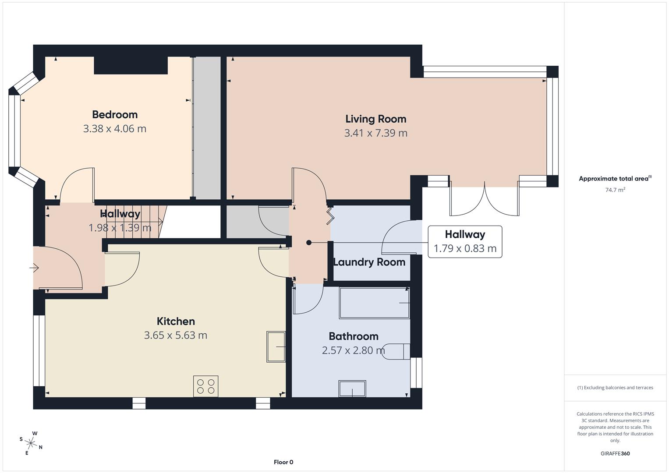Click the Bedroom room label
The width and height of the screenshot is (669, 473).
click(x=115, y=115)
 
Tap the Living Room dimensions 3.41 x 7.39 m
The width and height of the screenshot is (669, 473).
click(x=375, y=133)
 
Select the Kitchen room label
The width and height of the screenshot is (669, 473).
click(x=176, y=321)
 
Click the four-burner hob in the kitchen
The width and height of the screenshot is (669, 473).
click(x=206, y=386)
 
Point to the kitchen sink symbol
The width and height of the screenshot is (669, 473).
click(x=276, y=346)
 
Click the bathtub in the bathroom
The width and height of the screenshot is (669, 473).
click(x=374, y=303)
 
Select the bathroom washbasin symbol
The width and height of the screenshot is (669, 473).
click(x=352, y=388)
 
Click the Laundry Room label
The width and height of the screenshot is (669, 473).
click(x=369, y=262)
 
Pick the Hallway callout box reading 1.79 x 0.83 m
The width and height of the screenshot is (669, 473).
click(x=465, y=242)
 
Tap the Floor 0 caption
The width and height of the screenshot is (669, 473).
click(x=283, y=462)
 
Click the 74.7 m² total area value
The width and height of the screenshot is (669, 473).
click(x=615, y=190)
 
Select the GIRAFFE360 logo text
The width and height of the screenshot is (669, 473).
click(x=615, y=454)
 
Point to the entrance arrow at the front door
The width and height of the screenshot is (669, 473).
click(x=35, y=268)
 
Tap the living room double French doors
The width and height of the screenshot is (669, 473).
click(x=485, y=199)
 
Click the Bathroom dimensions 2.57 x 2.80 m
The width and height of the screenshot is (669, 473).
click(x=353, y=350)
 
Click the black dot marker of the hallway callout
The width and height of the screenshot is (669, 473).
click(x=309, y=243)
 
